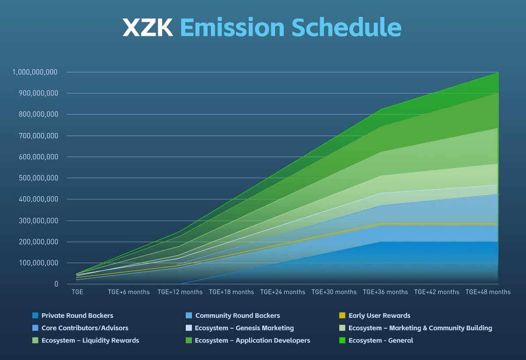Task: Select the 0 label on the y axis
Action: coord(56,284)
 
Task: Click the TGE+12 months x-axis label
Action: coord(180,292)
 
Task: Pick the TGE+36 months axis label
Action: coord(385,292)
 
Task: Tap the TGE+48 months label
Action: coord(488,292)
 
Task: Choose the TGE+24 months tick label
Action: coord(283,292)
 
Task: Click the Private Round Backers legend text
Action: coord(77,316)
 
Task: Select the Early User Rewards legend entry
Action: coord(379,316)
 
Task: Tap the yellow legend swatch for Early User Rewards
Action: coord(342,316)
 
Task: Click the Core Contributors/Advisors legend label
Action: coord(85,328)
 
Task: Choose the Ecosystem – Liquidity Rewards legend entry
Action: coord(90,341)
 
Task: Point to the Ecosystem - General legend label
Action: coord(380,341)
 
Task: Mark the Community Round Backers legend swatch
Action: coord(188,316)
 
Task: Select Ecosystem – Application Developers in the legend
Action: coord(252,341)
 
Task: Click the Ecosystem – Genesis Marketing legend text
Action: coord(244,328)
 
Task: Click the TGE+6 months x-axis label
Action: coord(129,292)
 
